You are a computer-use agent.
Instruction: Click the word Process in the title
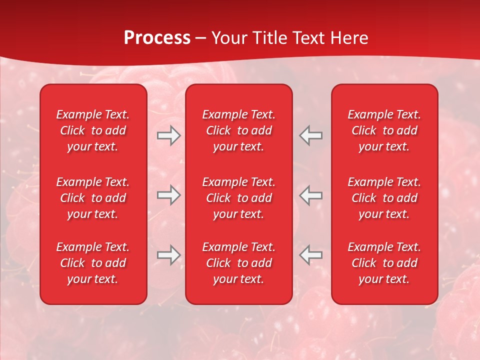click(x=157, y=38)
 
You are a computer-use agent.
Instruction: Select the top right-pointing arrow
click(x=168, y=135)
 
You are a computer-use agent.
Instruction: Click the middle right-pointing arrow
click(x=168, y=195)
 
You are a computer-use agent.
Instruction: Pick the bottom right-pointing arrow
click(x=168, y=254)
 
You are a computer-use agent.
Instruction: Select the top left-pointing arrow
click(x=311, y=135)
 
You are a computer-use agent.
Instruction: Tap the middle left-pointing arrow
click(x=311, y=195)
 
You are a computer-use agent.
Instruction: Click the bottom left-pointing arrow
click(x=311, y=254)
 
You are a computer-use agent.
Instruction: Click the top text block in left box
click(x=93, y=130)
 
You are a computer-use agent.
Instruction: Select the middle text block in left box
click(x=93, y=198)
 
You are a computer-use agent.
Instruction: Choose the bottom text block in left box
click(x=93, y=263)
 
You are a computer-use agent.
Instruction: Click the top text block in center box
click(x=238, y=130)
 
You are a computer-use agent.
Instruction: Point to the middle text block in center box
click(x=238, y=198)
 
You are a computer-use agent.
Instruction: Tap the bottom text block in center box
click(x=238, y=263)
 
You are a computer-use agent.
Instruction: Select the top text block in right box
click(x=384, y=130)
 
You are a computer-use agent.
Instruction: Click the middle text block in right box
click(x=384, y=198)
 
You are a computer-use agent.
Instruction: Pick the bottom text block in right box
click(x=384, y=263)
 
